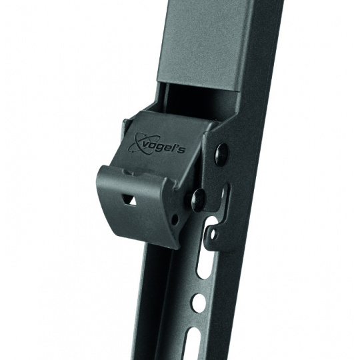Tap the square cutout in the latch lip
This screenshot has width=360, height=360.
[129, 200]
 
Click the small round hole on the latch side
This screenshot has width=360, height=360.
[175, 220]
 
